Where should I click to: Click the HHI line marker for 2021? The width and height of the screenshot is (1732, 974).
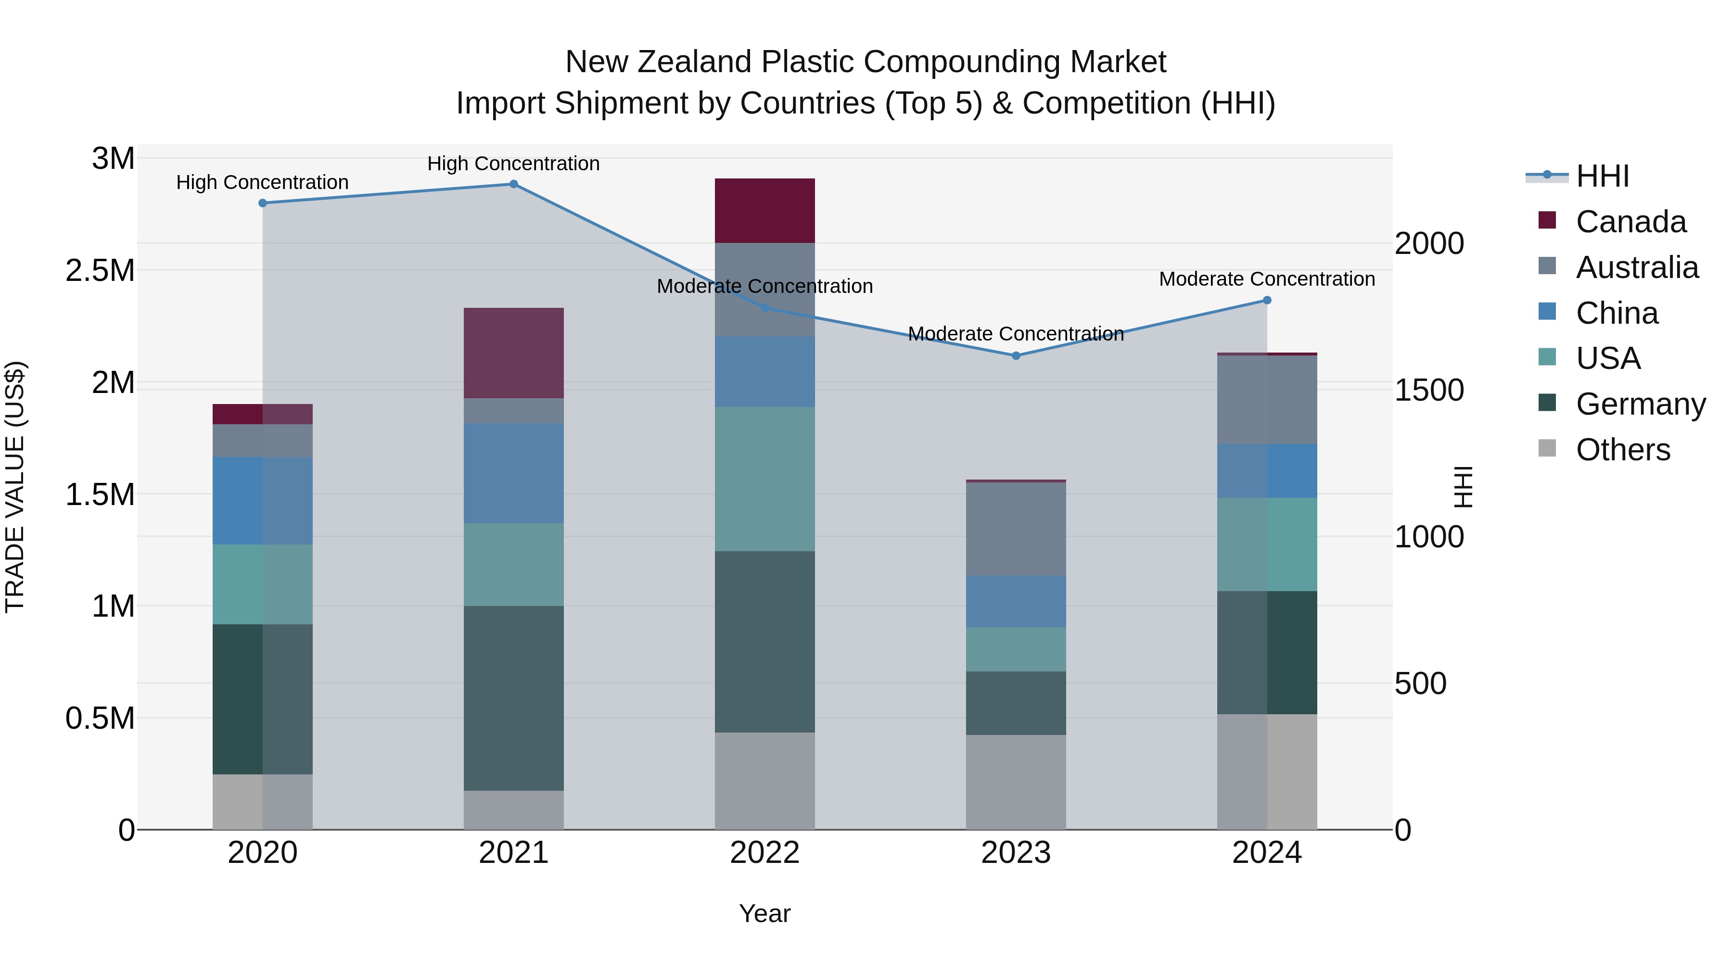point(514,184)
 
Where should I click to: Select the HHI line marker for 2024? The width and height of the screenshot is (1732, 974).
point(1267,301)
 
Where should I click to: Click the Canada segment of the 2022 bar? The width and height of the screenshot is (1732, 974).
point(764,210)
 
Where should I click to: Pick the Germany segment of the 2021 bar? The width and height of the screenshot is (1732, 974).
point(514,698)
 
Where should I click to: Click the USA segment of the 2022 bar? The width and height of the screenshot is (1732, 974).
point(764,479)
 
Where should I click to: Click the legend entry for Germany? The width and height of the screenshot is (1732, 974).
point(1641,404)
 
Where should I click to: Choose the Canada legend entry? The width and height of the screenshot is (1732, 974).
point(1630,222)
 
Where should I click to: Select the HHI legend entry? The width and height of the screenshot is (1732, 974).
point(1602,176)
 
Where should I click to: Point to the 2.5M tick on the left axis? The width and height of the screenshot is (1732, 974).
point(100,271)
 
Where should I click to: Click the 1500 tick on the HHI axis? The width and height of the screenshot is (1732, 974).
point(1429,391)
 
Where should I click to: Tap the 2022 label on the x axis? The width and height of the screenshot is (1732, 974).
point(764,853)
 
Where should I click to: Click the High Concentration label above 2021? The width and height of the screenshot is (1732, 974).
point(514,164)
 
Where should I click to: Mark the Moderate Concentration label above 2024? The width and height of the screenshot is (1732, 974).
point(1267,279)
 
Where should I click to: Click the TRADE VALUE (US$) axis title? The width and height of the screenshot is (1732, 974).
point(15,487)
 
